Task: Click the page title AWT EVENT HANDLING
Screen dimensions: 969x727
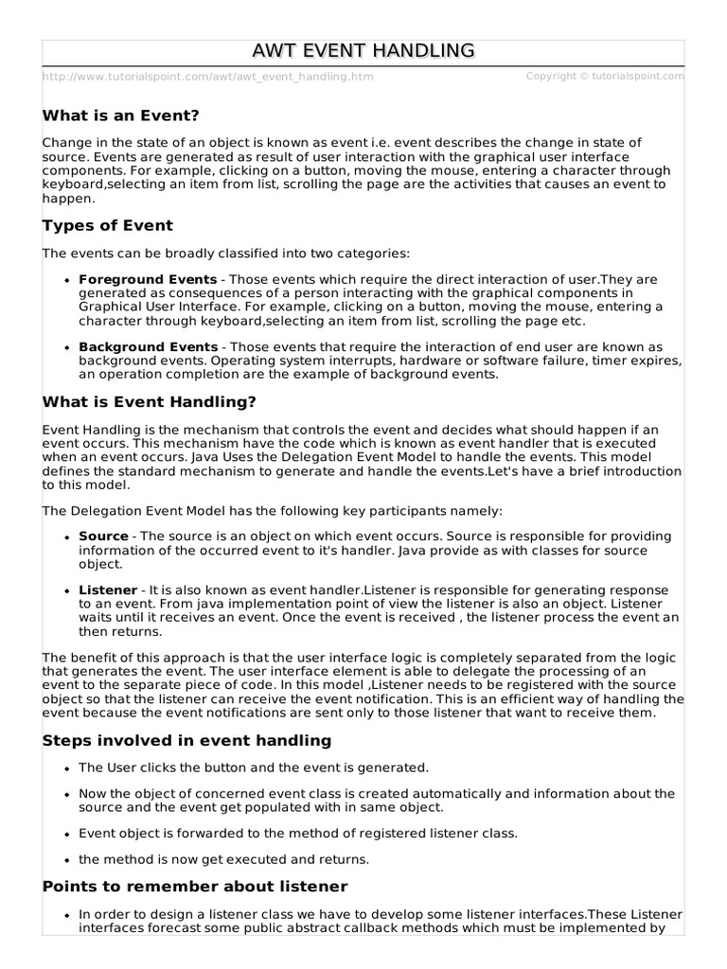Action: point(364,50)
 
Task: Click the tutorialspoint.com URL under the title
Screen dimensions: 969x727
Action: point(207,77)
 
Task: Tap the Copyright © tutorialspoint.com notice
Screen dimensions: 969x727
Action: point(604,76)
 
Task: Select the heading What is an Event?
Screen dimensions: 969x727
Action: point(121,115)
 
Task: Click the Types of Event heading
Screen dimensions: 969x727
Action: point(108,225)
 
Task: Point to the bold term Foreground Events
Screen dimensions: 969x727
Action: point(148,280)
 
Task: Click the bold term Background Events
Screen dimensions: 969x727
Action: point(149,347)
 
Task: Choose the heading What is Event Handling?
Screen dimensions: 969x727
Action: point(150,401)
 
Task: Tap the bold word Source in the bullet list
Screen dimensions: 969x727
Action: point(103,537)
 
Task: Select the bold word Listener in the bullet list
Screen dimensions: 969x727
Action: point(108,590)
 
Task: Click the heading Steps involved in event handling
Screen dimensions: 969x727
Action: point(187,739)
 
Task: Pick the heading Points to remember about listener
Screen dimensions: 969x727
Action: point(195,887)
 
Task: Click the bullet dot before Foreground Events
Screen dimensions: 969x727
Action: point(66,281)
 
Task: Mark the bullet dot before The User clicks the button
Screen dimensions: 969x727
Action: point(66,768)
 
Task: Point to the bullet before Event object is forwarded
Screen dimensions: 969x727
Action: point(66,835)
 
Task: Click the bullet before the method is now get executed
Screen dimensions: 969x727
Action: point(66,860)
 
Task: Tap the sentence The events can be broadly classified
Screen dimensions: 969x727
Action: point(226,254)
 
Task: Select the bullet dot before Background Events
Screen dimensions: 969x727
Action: point(66,348)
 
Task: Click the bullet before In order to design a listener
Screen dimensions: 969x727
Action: point(66,916)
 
